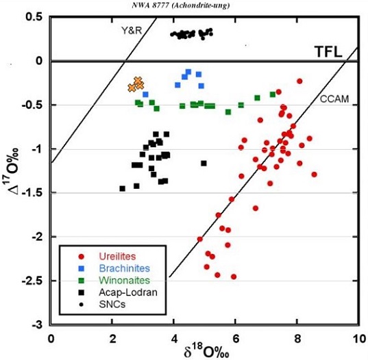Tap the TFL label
[x=328, y=52]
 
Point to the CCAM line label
[x=334, y=99]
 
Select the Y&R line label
[x=132, y=31]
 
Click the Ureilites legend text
[x=117, y=256]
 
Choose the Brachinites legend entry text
[x=125, y=268]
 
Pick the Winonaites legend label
[x=125, y=281]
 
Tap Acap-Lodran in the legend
[x=128, y=292]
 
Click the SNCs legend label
[x=112, y=305]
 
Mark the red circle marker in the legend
[x=82, y=257]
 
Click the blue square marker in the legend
[x=82, y=268]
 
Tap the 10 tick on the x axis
[x=359, y=339]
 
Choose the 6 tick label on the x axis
[x=236, y=339]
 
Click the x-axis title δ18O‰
[x=206, y=352]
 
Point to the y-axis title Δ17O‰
[x=14, y=172]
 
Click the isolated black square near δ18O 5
[x=204, y=164]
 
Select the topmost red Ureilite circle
[x=299, y=81]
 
